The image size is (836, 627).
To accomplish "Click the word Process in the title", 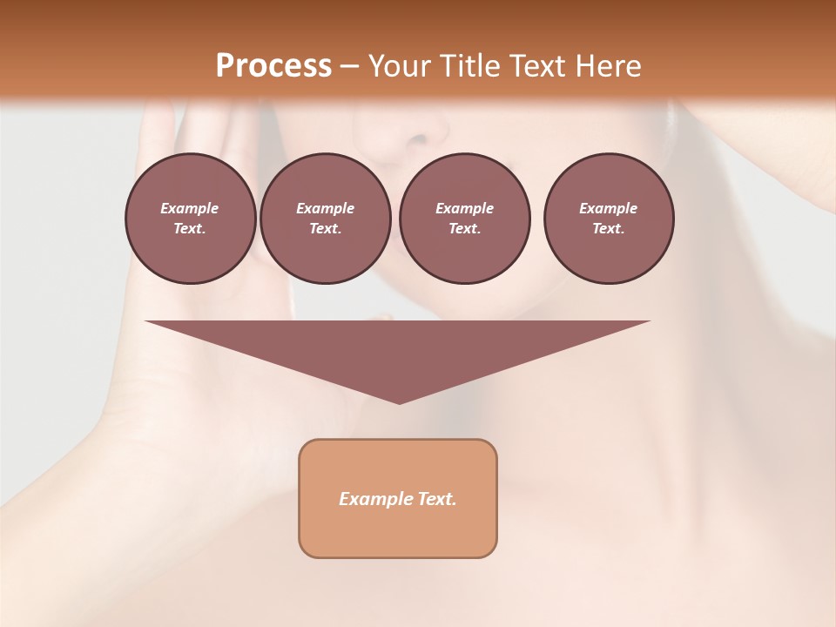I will click(273, 66).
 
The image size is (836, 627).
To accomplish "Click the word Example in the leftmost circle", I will click(190, 208).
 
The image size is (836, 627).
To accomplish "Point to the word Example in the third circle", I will click(464, 208).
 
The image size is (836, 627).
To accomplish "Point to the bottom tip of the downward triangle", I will click(399, 401).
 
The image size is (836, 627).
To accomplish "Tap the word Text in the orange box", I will click(437, 499).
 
